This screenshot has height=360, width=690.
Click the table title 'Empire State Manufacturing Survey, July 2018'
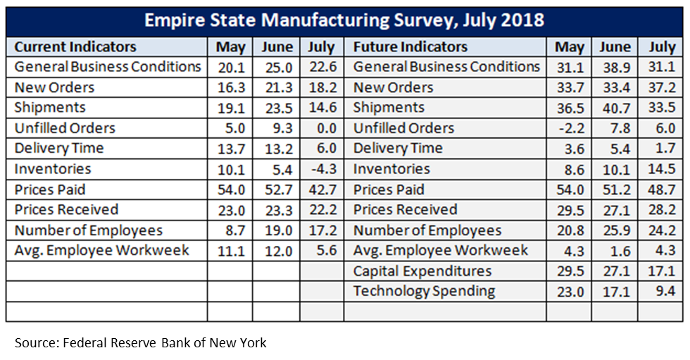pos(344,19)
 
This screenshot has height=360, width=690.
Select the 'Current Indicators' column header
pos(75,47)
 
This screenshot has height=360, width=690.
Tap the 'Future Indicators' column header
pos(410,47)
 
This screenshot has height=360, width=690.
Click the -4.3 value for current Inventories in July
pos(322,169)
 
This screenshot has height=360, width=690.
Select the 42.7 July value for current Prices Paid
pos(322,190)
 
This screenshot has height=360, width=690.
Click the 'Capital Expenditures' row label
pos(422,271)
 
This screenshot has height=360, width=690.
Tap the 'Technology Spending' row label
pos(424,291)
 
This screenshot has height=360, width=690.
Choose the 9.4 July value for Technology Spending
pos(664,291)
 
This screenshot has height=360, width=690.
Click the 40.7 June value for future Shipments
pos(615,108)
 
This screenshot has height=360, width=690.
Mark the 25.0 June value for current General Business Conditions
pos(276,67)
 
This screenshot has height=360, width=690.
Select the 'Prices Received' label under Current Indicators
pos(66,210)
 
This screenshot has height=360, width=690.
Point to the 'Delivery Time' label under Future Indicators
pos(398,149)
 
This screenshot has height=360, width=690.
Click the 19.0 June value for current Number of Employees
pos(276,230)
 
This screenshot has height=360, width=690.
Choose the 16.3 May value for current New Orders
pos(230,87)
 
